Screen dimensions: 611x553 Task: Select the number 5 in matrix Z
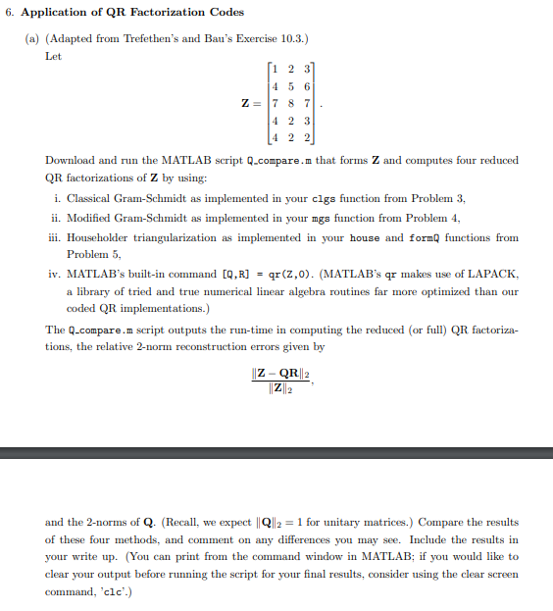coord(294,86)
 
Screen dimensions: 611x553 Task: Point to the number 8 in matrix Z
coord(294,103)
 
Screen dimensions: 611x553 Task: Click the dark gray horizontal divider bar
coord(276,452)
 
